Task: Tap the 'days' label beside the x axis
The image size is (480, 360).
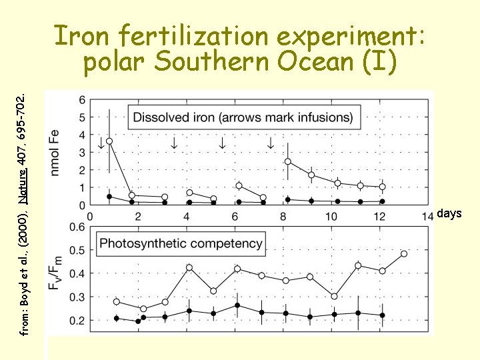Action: coord(449,213)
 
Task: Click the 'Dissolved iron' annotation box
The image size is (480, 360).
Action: coord(243,117)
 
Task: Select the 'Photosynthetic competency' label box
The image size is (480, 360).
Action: coord(181,243)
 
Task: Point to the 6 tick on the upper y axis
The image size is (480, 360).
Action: coord(82,100)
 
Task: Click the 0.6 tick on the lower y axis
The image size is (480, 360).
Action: coord(79,227)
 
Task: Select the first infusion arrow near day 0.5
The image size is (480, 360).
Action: coord(101,143)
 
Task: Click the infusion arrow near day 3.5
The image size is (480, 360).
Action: coord(174,143)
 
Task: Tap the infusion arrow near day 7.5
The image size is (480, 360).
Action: coord(270,143)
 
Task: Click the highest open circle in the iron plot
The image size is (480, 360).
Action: coord(109,141)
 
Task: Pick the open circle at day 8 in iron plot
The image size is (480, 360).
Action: coord(288,161)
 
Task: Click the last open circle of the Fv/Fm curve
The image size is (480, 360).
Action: coord(404,253)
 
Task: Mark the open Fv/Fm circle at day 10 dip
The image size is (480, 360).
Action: coord(335,297)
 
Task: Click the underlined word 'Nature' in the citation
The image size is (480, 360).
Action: coord(22,187)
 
